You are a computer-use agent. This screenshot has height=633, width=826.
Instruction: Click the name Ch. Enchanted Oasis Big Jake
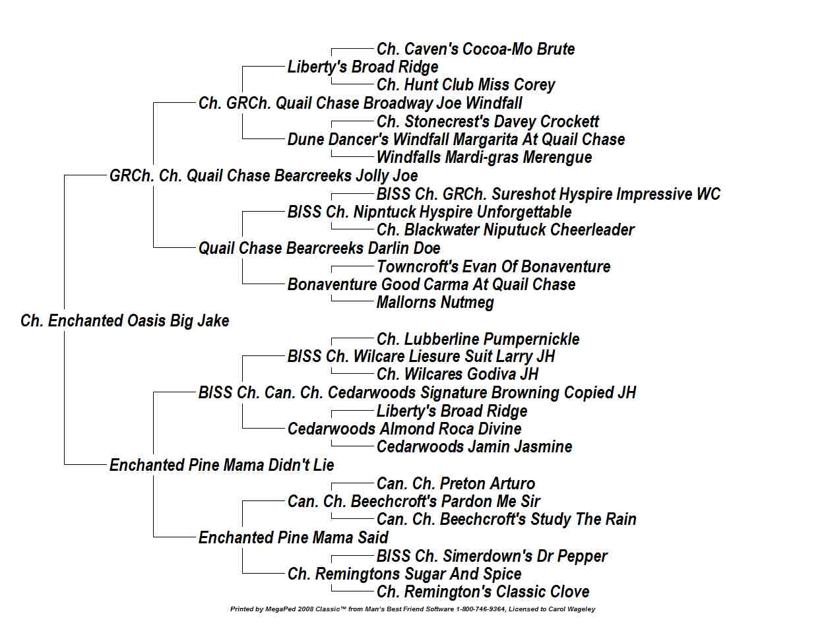(x=125, y=321)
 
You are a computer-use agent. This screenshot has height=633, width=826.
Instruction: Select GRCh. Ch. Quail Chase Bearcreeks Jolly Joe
(x=263, y=176)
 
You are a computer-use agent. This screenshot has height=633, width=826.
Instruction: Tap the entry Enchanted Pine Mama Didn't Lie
(x=222, y=465)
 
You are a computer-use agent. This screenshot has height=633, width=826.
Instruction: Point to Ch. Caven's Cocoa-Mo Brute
(x=476, y=49)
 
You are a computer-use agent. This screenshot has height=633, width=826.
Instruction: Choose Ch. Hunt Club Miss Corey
(x=466, y=85)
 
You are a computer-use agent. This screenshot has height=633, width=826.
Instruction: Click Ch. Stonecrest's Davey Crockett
(x=488, y=122)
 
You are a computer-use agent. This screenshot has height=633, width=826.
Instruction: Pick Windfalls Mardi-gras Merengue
(x=484, y=158)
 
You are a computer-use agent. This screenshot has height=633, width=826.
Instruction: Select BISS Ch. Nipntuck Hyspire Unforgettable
(x=429, y=212)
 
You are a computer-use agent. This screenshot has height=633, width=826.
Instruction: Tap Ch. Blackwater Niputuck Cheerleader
(x=505, y=230)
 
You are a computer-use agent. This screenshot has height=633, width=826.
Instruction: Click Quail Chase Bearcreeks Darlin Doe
(x=319, y=249)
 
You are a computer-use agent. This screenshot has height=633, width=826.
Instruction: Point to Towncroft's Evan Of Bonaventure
(x=493, y=266)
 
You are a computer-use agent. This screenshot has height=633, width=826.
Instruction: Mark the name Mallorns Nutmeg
(x=435, y=303)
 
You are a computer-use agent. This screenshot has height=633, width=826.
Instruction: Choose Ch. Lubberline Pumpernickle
(x=478, y=340)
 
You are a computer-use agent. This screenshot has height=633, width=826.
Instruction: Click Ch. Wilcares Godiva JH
(x=457, y=375)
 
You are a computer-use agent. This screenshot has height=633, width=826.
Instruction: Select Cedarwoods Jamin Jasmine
(x=474, y=447)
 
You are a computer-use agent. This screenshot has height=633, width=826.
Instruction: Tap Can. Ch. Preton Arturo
(x=456, y=484)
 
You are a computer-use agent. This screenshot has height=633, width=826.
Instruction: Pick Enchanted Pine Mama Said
(x=293, y=538)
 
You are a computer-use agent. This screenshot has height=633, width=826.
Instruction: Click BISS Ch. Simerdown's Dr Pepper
(x=492, y=557)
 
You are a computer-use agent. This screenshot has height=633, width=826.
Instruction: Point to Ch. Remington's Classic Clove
(x=483, y=592)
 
